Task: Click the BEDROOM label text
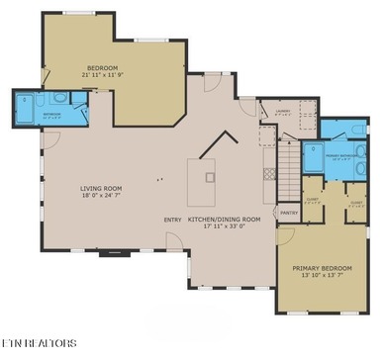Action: click(104, 68)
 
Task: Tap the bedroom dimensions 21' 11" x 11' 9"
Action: click(104, 76)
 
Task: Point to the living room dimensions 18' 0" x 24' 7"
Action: click(101, 195)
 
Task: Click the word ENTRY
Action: click(172, 220)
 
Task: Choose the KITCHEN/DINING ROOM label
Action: click(224, 220)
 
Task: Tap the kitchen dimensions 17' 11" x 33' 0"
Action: click(224, 227)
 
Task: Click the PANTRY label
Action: click(289, 213)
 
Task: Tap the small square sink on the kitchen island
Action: click(210, 178)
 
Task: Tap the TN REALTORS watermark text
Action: click(39, 344)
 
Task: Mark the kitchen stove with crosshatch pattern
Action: click(269, 173)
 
